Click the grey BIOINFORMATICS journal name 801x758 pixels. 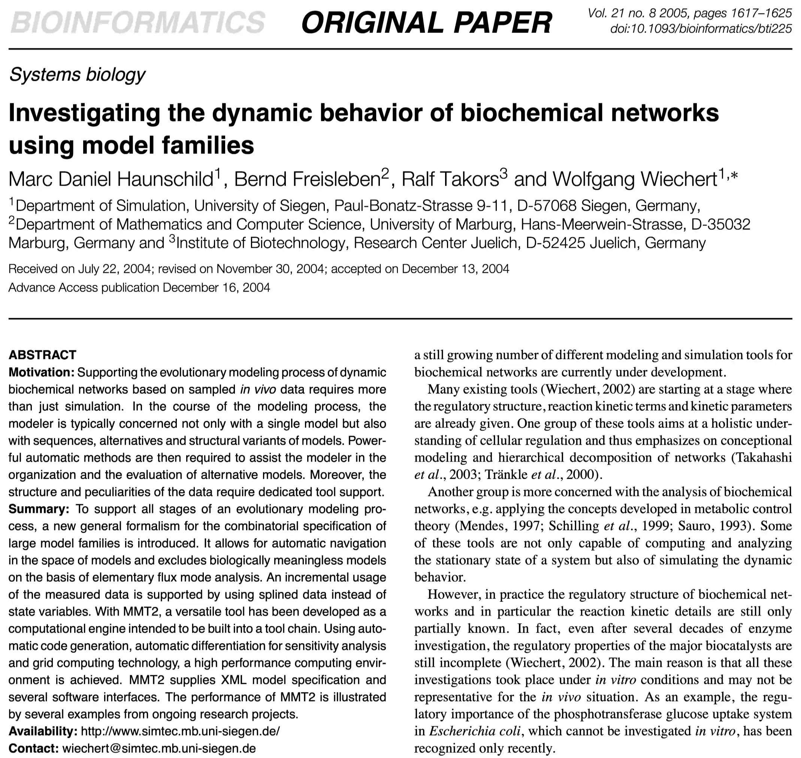click(x=137, y=22)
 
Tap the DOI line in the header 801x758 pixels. click(x=701, y=29)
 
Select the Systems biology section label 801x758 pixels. click(x=77, y=75)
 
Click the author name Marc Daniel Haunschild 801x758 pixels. click(x=111, y=179)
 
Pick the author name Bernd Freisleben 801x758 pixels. click(x=307, y=179)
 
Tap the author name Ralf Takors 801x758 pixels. click(x=450, y=179)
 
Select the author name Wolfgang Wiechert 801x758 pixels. click(x=635, y=179)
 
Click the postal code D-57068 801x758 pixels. click(x=547, y=206)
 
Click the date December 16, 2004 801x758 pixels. click(x=216, y=288)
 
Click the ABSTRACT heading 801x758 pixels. click(x=42, y=355)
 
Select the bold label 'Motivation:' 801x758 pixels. click(x=41, y=372)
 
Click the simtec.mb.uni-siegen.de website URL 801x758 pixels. click(x=180, y=731)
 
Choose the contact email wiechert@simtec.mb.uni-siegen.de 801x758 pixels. click(x=159, y=748)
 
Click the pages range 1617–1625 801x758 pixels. click(x=761, y=13)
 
